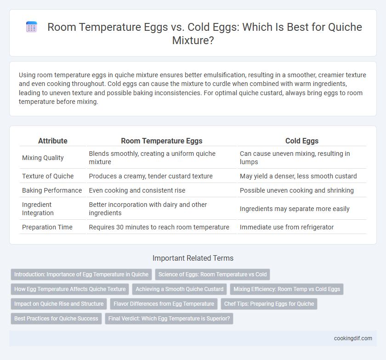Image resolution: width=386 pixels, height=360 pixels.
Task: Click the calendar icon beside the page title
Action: [32, 27]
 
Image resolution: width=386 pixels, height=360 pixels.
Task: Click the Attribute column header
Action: [53, 141]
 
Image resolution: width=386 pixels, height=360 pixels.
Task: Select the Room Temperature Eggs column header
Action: [161, 141]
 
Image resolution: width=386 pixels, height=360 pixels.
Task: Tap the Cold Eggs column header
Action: [302, 141]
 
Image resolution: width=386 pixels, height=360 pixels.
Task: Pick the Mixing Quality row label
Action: [43, 158]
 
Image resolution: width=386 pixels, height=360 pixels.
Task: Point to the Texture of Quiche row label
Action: [48, 176]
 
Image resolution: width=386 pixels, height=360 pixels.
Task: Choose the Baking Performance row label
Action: [52, 190]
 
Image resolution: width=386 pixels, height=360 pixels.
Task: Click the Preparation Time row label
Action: [47, 227]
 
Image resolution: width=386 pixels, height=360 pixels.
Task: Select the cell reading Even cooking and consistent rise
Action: [137, 190]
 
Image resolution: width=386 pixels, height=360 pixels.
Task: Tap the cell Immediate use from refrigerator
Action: [287, 227]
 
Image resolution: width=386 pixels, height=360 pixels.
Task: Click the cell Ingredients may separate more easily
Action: [295, 209]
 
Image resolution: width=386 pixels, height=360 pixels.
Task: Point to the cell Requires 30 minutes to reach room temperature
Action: [159, 227]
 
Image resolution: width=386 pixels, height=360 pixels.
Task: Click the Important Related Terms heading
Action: [193, 258]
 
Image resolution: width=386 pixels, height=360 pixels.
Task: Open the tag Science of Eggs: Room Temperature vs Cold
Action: [212, 274]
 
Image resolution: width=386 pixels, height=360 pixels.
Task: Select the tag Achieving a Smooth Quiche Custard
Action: [180, 289]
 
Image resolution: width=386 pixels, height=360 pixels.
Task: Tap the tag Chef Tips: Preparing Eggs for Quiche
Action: [269, 304]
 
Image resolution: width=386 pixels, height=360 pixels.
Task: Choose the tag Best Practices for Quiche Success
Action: [56, 318]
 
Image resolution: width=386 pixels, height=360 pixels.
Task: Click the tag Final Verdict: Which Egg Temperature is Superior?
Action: [169, 318]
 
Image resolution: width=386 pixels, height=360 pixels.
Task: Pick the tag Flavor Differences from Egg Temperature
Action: [164, 304]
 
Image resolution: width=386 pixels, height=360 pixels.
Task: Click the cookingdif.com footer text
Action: [353, 338]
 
